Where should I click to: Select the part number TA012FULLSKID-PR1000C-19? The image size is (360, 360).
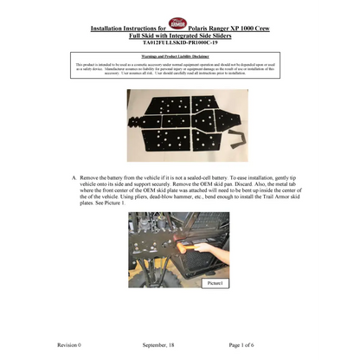point(180,42)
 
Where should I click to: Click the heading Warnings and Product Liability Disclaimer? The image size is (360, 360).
point(180,56)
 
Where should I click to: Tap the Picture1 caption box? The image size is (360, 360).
point(215,283)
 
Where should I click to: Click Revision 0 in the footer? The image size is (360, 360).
point(70,344)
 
